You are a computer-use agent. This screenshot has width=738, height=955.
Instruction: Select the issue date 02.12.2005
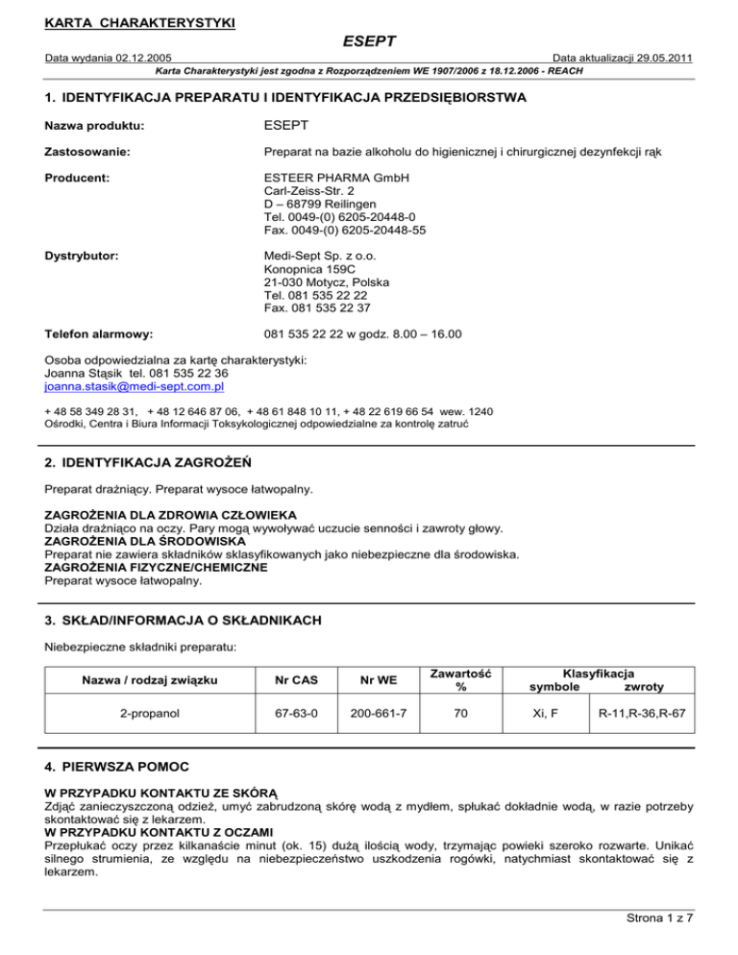138,59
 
